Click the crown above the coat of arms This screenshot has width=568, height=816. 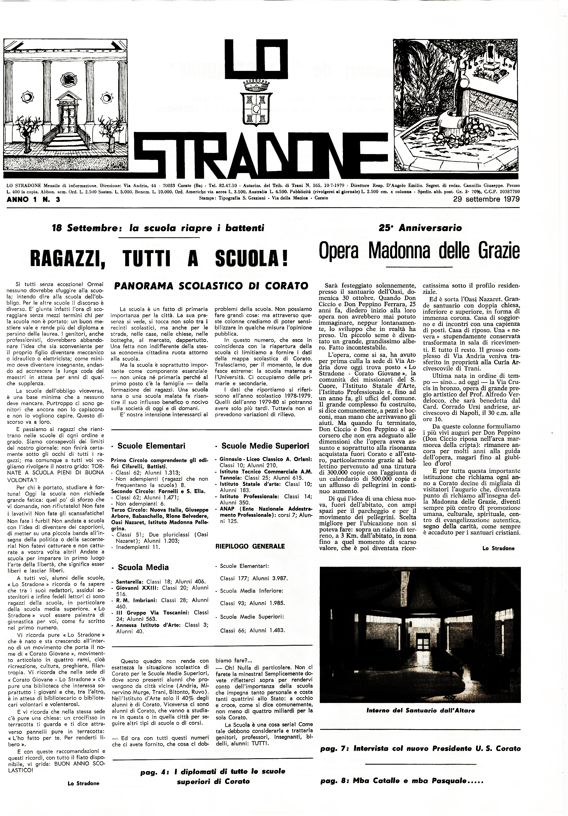coord(256,86)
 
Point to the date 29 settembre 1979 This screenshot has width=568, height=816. coord(486,199)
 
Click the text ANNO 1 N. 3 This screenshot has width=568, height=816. coord(33,200)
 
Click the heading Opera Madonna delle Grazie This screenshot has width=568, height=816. coord(419,251)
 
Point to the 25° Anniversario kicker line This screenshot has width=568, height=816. coord(420,228)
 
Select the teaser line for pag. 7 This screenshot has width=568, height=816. coord(420,748)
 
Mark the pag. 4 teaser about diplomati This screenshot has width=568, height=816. coord(213,776)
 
